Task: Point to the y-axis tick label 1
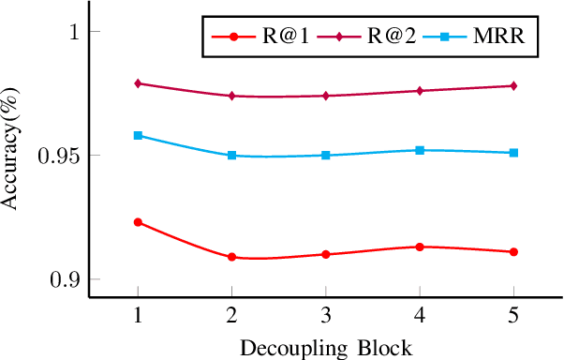(69, 32)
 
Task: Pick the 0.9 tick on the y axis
(64, 279)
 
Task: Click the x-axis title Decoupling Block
(326, 349)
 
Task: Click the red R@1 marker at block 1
(139, 222)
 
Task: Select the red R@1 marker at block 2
(232, 257)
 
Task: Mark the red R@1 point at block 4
(420, 247)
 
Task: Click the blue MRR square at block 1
(139, 136)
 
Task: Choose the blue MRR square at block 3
(326, 156)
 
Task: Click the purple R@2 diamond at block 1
(139, 83)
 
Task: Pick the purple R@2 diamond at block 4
(420, 91)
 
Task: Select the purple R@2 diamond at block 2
(232, 96)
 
